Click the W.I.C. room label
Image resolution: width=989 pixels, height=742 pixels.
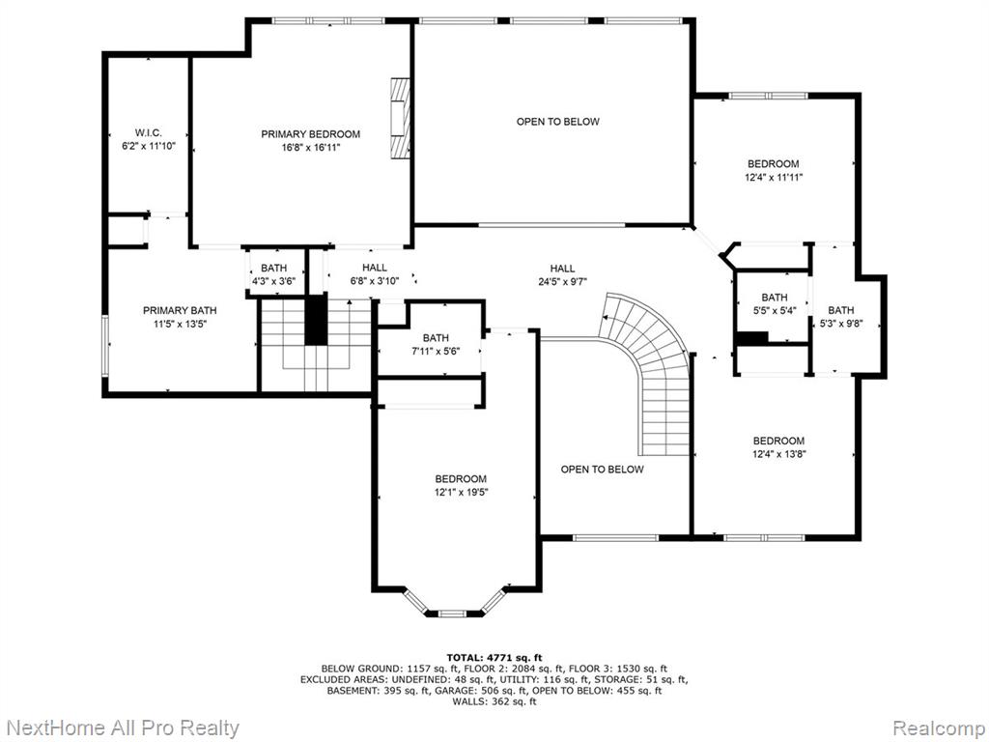(x=148, y=139)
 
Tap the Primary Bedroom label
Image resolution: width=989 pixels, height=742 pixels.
(x=310, y=134)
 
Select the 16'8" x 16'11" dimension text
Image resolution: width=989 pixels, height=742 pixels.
(x=310, y=148)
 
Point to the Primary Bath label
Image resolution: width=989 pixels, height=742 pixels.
(x=180, y=317)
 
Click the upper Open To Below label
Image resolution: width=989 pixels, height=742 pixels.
(x=557, y=121)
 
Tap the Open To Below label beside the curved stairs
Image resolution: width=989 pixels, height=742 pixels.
(x=602, y=470)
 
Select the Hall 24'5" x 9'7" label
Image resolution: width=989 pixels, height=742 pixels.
(x=562, y=275)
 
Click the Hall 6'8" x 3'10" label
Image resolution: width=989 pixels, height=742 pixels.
(x=375, y=274)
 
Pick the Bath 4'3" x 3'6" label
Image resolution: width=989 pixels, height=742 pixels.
(x=273, y=274)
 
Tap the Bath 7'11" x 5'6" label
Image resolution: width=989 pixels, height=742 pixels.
(x=436, y=345)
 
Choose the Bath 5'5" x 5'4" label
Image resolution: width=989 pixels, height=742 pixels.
(x=774, y=303)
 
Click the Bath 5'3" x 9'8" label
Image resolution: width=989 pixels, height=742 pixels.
(x=840, y=317)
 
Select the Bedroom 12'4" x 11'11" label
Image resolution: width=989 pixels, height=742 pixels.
(x=774, y=170)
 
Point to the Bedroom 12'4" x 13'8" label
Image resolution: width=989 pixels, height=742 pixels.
(x=778, y=446)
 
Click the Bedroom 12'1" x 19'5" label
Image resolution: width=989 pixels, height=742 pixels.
(x=461, y=485)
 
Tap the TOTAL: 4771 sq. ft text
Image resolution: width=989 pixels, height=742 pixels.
(x=494, y=657)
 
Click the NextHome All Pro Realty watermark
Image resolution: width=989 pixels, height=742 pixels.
(x=123, y=728)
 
